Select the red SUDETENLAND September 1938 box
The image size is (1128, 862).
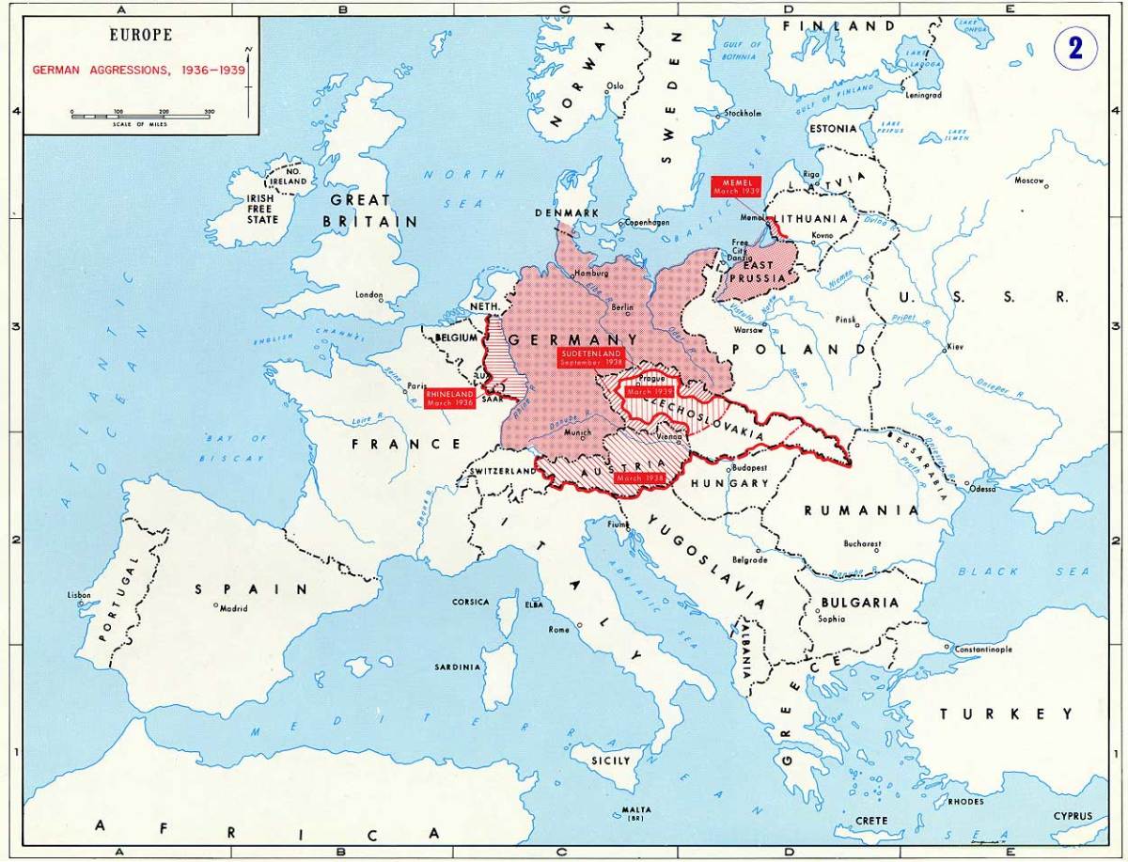click(588, 357)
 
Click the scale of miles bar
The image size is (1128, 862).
click(140, 117)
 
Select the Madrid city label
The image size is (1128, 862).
click(232, 608)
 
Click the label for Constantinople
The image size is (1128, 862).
click(982, 650)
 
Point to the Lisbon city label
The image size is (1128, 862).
click(80, 595)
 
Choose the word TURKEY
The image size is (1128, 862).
click(1006, 714)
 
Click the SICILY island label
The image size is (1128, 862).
click(612, 760)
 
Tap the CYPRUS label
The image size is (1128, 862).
click(1073, 816)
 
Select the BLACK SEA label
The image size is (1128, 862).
click(1024, 572)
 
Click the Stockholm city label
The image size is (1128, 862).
click(742, 113)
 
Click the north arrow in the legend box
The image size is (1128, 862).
click(249, 71)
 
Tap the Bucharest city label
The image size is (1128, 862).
click(862, 543)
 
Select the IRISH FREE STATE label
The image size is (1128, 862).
click(262, 209)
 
